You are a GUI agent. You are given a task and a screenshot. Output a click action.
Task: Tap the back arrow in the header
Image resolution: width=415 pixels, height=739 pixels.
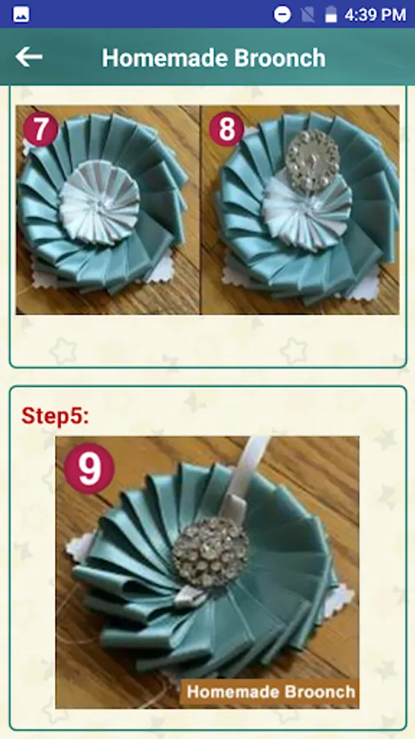29,57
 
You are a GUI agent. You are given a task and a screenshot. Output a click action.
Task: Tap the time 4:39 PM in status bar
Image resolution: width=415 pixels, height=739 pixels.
375,15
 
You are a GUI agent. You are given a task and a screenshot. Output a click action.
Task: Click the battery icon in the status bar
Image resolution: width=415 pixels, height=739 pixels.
331,14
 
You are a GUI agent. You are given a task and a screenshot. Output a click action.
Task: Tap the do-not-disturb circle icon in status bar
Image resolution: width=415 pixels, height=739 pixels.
282,15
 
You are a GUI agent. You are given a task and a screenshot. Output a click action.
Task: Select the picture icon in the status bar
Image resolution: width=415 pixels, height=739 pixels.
21,15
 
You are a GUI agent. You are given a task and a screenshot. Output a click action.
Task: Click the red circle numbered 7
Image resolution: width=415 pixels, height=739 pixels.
40,129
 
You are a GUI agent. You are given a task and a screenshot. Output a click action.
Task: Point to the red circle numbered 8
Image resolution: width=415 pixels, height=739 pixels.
226,129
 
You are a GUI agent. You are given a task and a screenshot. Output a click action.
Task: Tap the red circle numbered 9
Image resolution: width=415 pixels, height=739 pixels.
89,469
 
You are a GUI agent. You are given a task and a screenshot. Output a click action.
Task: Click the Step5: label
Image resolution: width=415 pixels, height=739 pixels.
55,415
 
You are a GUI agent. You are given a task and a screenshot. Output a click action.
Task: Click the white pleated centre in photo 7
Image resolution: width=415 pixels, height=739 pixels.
99,203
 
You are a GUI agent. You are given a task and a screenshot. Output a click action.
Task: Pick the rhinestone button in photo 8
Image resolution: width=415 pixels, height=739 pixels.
312,160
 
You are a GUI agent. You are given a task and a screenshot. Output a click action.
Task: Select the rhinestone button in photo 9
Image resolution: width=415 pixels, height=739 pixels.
210,552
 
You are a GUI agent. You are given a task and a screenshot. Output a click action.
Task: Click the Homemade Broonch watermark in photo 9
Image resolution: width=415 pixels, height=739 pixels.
271,692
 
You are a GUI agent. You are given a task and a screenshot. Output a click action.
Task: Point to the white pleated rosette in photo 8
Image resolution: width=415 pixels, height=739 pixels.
305,209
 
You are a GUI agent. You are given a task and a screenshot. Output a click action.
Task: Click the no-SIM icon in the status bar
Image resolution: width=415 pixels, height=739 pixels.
308,15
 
